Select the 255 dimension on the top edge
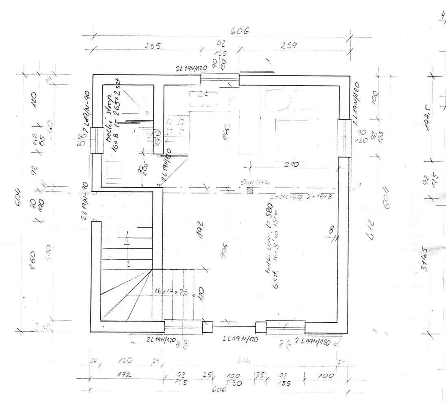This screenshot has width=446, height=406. [x=153, y=46]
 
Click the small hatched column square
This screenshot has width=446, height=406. [x=250, y=190]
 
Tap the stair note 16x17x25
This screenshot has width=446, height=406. [x=171, y=292]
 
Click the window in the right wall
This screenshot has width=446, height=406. [x=344, y=138]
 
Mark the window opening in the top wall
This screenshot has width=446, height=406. [x=220, y=80]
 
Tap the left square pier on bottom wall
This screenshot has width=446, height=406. [x=208, y=326]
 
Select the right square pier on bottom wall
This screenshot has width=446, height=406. [x=260, y=327]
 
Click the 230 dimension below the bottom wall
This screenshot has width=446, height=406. [x=235, y=383]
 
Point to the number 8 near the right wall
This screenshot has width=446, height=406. [x=330, y=230]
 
